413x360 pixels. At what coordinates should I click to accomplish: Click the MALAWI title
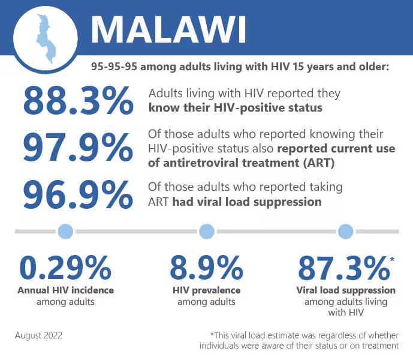click(168, 29)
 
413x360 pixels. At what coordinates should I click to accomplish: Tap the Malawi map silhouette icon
click(46, 39)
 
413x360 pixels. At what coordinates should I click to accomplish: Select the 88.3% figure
click(79, 101)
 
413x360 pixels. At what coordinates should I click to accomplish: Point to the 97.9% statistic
click(79, 147)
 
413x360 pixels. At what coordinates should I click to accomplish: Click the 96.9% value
click(79, 194)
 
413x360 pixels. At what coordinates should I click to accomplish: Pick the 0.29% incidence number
click(65, 268)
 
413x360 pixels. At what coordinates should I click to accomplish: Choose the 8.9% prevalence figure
click(206, 268)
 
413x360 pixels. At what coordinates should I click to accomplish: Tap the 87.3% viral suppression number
click(343, 268)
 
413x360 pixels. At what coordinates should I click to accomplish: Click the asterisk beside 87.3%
click(392, 259)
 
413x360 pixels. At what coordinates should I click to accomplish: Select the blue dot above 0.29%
click(65, 231)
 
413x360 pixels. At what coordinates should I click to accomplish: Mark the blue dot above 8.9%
click(207, 231)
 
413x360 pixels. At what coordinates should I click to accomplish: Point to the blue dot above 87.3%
click(346, 231)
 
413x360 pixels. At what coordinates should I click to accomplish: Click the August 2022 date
click(38, 335)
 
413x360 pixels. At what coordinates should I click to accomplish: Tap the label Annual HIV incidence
click(65, 290)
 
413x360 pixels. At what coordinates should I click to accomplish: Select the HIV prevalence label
click(206, 290)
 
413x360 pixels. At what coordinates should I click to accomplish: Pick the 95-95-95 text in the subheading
click(114, 67)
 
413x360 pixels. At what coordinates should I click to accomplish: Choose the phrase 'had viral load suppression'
click(247, 202)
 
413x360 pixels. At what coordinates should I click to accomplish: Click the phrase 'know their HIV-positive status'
click(236, 108)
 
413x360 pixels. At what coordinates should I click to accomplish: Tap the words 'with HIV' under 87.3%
click(346, 313)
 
